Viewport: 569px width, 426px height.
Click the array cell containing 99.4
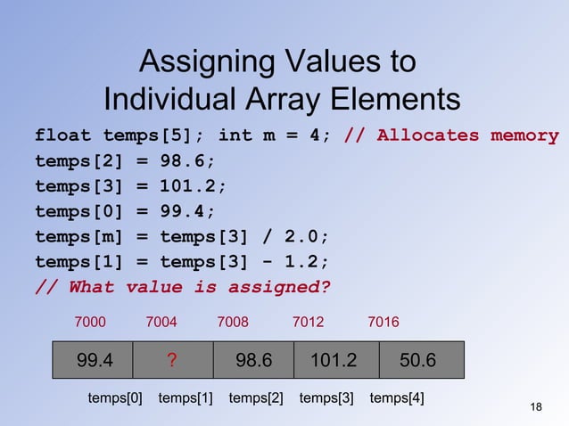click(93, 360)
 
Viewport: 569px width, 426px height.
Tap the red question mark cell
click(172, 360)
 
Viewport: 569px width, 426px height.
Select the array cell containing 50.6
click(417, 360)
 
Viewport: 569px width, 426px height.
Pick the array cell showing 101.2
click(333, 360)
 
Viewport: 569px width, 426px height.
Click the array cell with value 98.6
click(253, 360)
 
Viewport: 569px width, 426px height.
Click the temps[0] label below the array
click(115, 397)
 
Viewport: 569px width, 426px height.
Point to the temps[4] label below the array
click(397, 397)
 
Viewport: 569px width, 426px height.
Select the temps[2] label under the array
click(256, 397)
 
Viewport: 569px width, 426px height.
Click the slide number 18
click(535, 407)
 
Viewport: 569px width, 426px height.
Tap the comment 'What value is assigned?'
click(182, 287)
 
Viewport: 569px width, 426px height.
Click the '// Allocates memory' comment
click(451, 136)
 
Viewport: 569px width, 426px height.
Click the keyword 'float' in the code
click(62, 136)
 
